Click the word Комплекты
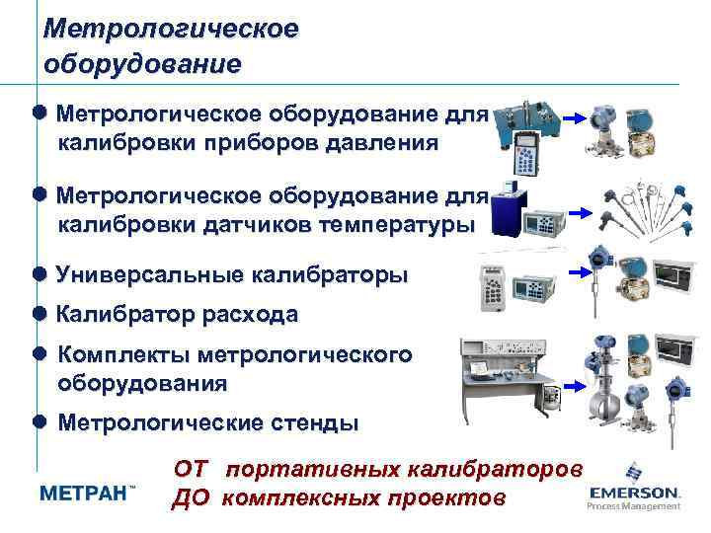(123, 354)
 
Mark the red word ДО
(191, 496)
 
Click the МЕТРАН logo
(87, 494)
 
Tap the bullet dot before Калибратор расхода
(39, 316)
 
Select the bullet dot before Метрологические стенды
(39, 423)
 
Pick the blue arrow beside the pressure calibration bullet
(576, 116)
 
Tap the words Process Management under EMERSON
(634, 505)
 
